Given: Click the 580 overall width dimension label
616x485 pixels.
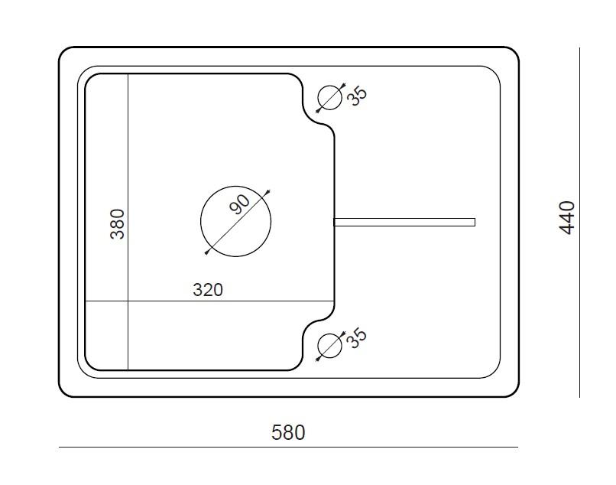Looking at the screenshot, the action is [288, 433].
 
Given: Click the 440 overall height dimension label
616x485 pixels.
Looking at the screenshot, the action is [567, 218].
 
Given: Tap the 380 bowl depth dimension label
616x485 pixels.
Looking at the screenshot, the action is [118, 224].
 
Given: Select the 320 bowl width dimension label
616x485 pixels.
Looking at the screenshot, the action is [208, 290].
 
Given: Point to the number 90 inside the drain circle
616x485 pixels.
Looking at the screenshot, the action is [239, 204].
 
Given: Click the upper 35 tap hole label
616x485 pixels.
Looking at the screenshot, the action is [358, 96].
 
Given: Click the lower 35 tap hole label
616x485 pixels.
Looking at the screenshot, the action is [358, 338].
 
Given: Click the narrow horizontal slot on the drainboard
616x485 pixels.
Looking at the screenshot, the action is [404, 222].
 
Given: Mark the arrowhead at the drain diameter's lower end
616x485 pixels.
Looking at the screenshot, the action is [207, 252].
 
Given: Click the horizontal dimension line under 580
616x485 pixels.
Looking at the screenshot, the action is [288, 448].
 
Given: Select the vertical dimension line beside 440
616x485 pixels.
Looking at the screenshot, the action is [579, 223].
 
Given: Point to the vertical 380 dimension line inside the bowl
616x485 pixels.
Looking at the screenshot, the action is [128, 222].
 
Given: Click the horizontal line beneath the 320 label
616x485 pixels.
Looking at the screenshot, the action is [209, 301].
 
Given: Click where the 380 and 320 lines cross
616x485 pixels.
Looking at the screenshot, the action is [128, 301].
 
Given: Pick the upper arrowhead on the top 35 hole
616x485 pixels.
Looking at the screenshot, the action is [343, 85].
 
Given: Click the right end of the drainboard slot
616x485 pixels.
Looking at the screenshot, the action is [475, 222].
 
